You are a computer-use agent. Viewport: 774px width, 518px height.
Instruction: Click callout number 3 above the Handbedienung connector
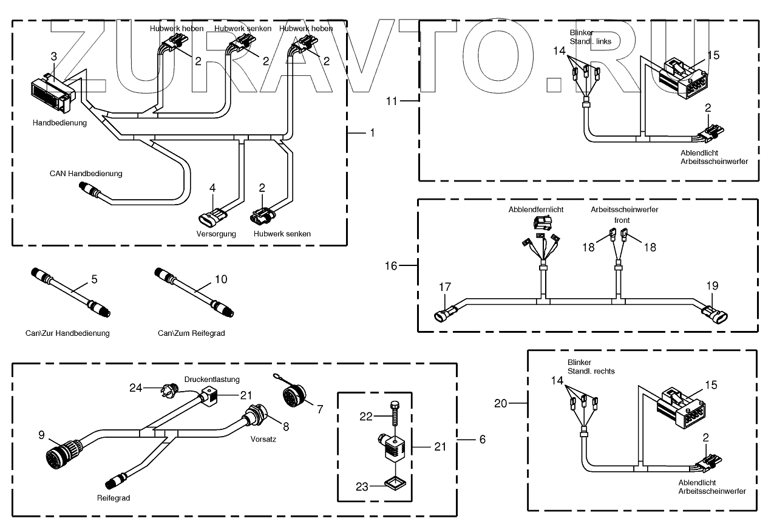(54, 56)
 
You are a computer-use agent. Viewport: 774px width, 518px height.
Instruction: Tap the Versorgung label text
(216, 234)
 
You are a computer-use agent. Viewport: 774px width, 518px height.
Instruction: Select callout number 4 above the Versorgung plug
(212, 188)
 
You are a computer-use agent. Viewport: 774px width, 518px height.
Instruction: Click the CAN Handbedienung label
(86, 174)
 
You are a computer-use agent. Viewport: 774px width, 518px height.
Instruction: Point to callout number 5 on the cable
(94, 280)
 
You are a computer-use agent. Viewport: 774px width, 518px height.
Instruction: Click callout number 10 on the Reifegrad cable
(221, 280)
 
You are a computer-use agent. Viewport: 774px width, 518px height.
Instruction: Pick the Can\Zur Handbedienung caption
(67, 333)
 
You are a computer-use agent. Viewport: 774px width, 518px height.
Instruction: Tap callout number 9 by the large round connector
(42, 434)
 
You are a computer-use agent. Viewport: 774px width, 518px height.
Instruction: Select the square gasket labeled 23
(393, 483)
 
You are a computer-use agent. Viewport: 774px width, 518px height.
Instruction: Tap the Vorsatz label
(263, 439)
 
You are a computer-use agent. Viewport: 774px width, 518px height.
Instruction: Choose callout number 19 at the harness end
(712, 285)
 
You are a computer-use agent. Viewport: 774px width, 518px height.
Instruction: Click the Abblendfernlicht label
(536, 210)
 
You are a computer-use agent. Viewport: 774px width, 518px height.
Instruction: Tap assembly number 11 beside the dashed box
(393, 101)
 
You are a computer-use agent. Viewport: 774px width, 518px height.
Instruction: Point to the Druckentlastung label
(212, 380)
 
